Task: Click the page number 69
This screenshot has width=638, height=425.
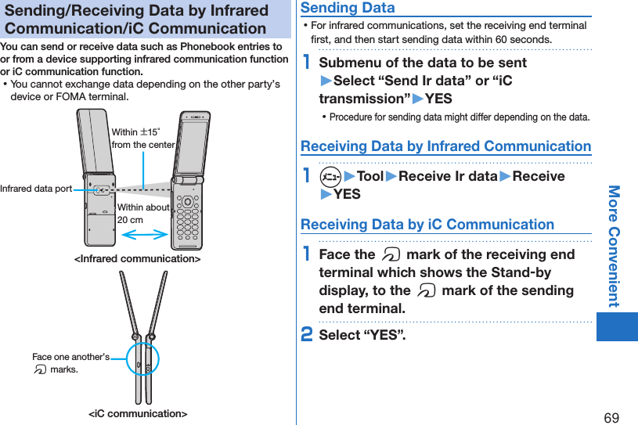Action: (611, 417)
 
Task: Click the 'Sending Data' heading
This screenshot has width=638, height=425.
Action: (348, 8)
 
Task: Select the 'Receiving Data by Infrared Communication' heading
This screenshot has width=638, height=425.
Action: (445, 146)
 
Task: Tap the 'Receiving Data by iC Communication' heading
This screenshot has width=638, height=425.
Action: (427, 225)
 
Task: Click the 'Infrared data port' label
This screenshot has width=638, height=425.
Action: (36, 189)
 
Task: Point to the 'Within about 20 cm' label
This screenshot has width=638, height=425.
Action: (143, 214)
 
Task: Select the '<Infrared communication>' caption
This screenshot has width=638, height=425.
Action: (137, 258)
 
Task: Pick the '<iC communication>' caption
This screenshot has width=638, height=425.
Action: (137, 413)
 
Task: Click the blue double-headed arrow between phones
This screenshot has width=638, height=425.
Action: (145, 233)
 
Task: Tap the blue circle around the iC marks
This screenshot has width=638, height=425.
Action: (142, 360)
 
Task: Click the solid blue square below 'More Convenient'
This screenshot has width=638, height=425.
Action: (617, 326)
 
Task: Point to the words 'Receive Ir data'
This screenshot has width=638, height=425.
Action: (449, 176)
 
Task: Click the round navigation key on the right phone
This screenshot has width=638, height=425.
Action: (187, 200)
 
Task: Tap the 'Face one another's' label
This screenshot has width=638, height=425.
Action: (70, 357)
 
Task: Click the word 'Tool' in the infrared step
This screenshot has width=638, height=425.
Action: (369, 176)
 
